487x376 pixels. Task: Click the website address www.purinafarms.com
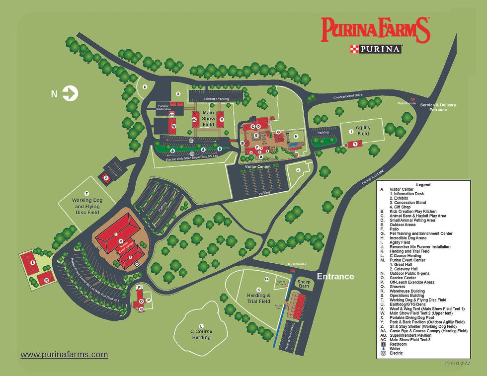coord(64,355)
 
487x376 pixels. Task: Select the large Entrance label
coord(336,277)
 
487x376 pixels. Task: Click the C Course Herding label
coord(201,334)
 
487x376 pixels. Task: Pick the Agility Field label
coord(363,131)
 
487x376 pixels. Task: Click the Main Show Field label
coord(208,119)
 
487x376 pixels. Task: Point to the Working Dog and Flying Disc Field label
coord(87,206)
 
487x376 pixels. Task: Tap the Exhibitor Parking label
coord(216,99)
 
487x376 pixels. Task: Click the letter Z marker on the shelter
coord(106,177)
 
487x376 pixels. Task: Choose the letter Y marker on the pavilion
coord(355,144)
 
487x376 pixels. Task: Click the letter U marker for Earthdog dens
coord(145,87)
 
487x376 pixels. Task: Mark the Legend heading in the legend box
coord(423,185)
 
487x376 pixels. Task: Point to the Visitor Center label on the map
coord(257,166)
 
